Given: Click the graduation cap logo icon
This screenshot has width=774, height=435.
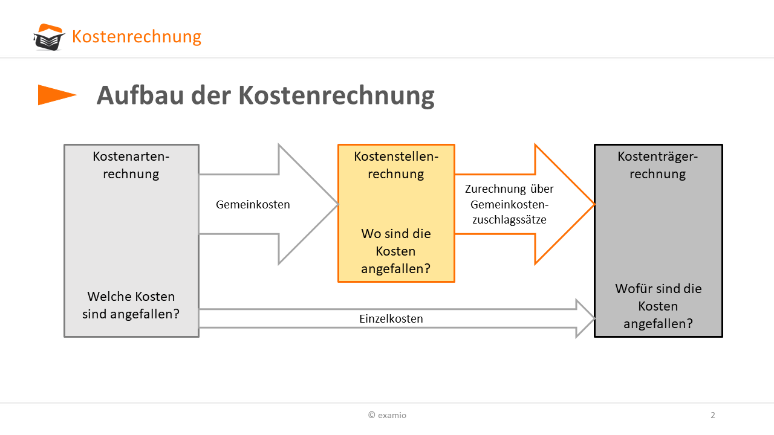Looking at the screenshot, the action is click(x=49, y=37).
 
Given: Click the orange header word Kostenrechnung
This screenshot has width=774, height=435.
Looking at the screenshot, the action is click(x=137, y=37).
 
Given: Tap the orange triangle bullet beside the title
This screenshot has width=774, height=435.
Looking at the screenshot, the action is click(x=57, y=95).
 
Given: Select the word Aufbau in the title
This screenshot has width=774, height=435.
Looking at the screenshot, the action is click(x=140, y=95).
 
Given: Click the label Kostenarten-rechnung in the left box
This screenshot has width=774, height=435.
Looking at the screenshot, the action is click(x=131, y=165).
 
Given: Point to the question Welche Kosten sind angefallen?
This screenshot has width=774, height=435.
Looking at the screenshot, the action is click(x=131, y=305).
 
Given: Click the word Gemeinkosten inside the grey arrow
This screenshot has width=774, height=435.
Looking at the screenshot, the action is click(x=253, y=204).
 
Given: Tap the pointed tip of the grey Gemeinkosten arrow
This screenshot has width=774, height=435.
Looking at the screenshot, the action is click(x=337, y=204).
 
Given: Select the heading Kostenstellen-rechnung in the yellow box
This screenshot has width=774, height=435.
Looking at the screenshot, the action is click(x=396, y=165).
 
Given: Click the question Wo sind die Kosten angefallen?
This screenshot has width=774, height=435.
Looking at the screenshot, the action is click(x=396, y=251).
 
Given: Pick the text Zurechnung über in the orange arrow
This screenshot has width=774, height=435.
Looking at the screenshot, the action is click(x=509, y=189).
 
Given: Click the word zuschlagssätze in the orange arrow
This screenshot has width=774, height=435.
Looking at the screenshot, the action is click(x=509, y=219).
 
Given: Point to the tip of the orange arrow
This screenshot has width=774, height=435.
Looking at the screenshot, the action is click(x=594, y=204).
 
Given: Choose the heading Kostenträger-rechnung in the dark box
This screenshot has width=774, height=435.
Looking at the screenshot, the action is click(x=658, y=165).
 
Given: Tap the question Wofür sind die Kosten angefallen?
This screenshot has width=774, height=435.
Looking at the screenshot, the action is click(x=659, y=306).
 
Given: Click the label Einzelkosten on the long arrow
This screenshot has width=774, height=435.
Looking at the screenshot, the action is click(x=391, y=318).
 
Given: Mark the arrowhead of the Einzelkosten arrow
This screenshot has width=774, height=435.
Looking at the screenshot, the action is click(x=585, y=318).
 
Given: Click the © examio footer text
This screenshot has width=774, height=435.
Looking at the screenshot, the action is click(x=388, y=415).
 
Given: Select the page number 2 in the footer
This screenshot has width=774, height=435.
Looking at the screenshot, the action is click(x=713, y=415).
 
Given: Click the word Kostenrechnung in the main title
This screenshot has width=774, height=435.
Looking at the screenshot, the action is click(x=336, y=95).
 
